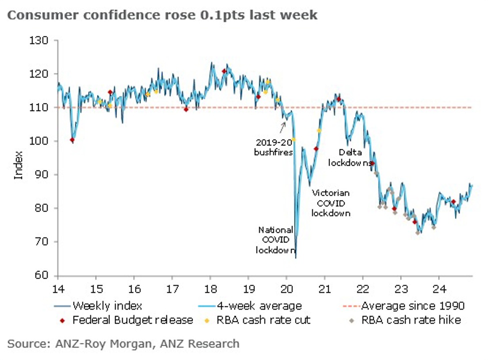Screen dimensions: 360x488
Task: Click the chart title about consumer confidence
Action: [163, 15]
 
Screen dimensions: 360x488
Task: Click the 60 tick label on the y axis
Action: [42, 275]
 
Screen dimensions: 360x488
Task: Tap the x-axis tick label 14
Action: [58, 287]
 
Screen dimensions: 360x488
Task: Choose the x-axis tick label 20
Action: [286, 287]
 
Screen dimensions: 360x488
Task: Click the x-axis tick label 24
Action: [438, 287]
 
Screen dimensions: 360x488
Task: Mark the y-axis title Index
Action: [19, 164]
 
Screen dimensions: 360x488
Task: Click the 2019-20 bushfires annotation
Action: [274, 147]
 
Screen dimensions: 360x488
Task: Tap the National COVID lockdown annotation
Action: [275, 240]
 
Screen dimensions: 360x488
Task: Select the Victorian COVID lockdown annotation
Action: [330, 202]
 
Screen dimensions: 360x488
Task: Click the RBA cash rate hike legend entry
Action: [410, 320]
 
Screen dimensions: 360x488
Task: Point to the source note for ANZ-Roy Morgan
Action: [123, 344]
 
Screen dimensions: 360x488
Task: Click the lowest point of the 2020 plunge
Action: [296, 257]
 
